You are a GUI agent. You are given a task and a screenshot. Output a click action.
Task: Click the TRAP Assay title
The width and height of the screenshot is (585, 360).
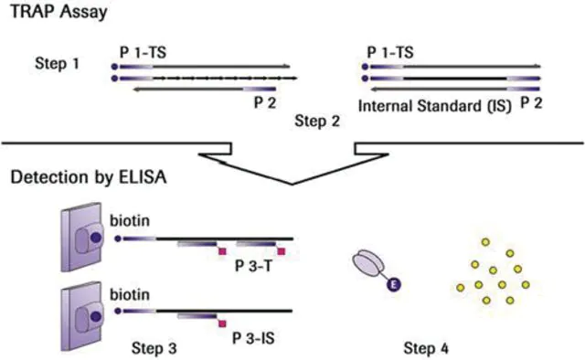(x=58, y=12)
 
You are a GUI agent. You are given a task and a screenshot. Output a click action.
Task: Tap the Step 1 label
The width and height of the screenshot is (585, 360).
(x=57, y=63)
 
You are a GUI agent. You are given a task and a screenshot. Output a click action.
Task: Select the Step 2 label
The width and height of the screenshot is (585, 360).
(x=317, y=121)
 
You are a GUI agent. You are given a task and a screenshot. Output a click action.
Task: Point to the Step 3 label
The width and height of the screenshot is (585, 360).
(x=154, y=348)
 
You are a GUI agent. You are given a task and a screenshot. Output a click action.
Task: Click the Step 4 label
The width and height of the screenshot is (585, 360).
(x=426, y=348)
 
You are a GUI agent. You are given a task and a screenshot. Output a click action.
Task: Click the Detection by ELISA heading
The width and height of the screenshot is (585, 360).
(x=89, y=177)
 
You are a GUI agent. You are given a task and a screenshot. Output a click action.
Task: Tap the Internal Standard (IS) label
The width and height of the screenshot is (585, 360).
(x=435, y=106)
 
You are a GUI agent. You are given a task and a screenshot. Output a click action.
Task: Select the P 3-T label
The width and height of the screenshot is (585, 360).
(x=253, y=267)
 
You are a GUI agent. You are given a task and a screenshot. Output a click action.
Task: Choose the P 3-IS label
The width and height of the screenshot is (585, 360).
(x=253, y=338)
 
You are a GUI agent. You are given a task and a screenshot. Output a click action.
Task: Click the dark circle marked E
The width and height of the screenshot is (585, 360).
(x=393, y=285)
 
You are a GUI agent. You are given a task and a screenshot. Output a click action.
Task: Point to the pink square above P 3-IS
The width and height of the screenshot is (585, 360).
(x=222, y=323)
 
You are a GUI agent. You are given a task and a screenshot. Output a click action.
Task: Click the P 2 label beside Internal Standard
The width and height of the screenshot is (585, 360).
(x=531, y=102)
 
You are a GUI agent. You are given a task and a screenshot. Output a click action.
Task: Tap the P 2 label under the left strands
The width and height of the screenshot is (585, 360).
(x=265, y=102)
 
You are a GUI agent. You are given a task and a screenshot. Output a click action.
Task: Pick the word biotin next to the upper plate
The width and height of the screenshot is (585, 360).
(x=130, y=221)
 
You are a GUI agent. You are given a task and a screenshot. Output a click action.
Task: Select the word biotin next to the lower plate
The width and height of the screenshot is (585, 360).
(x=130, y=295)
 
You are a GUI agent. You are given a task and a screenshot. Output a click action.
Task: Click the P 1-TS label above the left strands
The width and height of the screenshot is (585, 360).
(x=143, y=53)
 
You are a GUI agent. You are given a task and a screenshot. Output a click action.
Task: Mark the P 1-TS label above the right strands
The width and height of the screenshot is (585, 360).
(x=390, y=53)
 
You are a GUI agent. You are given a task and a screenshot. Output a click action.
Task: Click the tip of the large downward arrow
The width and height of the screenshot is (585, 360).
(x=292, y=184)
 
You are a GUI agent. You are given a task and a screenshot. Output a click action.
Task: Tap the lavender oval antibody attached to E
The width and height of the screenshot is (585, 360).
(x=367, y=263)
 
